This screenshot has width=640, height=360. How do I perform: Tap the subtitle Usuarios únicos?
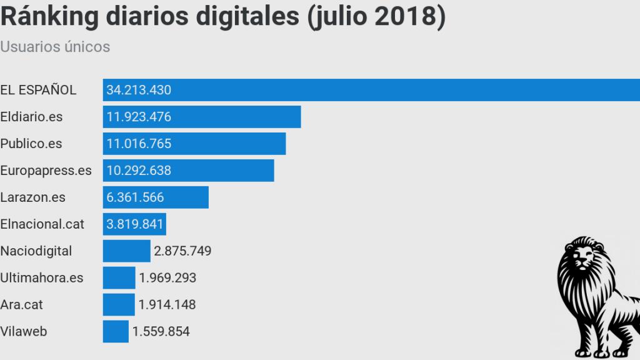point(55,47)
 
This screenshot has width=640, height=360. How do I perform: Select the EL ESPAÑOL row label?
point(38,90)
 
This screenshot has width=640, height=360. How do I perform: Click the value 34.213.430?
point(139,90)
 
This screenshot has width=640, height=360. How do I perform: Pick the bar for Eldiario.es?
point(237,117)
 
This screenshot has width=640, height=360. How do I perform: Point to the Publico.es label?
point(31,144)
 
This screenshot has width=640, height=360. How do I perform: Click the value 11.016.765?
point(139,144)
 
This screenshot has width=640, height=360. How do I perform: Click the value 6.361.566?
point(135,197)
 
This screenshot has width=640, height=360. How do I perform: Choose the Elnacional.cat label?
point(42,224)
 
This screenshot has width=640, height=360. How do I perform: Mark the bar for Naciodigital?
point(126,251)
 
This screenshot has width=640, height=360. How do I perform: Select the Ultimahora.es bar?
point(119,278)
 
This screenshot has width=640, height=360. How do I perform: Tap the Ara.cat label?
point(22,305)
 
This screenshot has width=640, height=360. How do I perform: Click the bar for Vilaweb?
point(116,332)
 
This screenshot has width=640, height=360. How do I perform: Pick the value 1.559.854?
point(161,332)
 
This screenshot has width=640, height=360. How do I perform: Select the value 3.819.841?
point(135,224)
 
